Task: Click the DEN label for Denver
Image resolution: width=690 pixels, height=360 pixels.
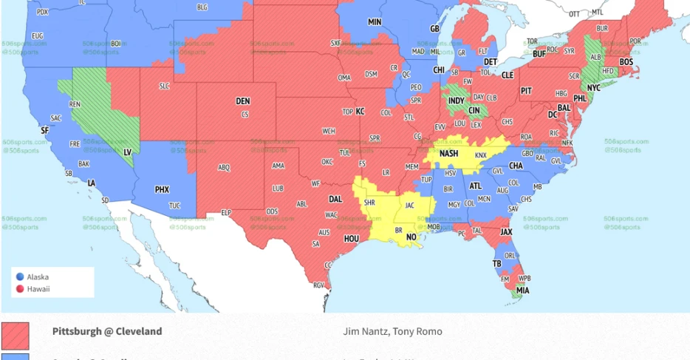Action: (x=243, y=101)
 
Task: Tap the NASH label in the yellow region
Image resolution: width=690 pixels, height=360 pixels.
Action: (x=448, y=153)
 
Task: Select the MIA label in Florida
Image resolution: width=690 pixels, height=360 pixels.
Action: (x=522, y=291)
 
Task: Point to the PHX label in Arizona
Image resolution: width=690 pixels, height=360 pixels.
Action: (x=162, y=189)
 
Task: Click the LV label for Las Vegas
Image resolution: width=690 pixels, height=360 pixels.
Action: (x=126, y=151)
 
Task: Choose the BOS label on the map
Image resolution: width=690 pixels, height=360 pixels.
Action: (x=626, y=62)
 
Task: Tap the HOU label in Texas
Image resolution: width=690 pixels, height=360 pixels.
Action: (x=351, y=239)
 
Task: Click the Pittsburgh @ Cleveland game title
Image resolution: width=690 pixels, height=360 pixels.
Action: (x=107, y=331)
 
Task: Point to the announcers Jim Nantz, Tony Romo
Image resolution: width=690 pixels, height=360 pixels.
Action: (x=393, y=331)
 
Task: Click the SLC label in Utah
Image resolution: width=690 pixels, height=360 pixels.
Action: (x=164, y=86)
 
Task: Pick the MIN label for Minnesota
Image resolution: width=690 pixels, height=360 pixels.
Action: (x=375, y=23)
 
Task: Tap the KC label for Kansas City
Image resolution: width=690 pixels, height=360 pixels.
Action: (x=360, y=112)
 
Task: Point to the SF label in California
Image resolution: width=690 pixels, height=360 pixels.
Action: (x=44, y=130)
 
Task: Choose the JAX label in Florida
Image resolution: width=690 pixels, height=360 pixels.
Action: (x=506, y=231)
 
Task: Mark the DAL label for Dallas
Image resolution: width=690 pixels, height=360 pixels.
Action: (x=335, y=199)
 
